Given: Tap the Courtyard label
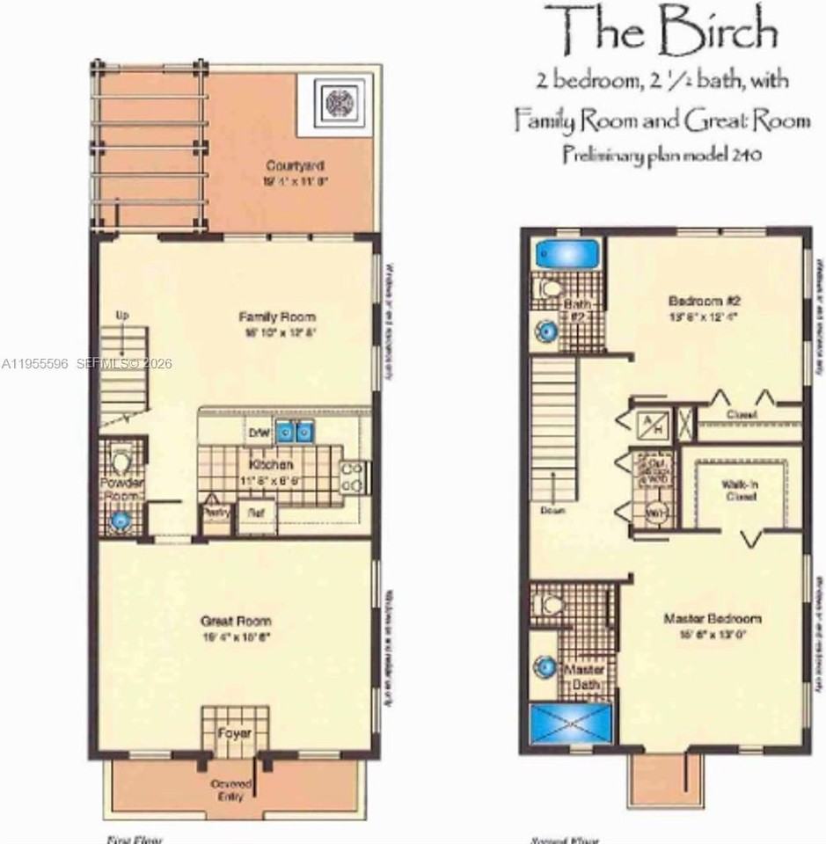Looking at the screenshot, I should click(x=295, y=165).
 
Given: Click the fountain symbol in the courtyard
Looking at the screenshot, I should click(x=340, y=103).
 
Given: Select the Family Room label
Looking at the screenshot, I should click(x=277, y=316).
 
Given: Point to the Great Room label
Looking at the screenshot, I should click(x=235, y=621).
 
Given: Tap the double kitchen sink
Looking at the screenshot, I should click(x=295, y=431).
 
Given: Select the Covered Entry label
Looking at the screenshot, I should click(x=231, y=789).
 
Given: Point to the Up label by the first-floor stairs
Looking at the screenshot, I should click(x=122, y=315).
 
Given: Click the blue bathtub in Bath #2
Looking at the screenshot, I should click(x=566, y=254).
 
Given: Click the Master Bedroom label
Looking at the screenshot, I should click(x=712, y=618).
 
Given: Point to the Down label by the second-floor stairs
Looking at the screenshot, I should click(x=552, y=509).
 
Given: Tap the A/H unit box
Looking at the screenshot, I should click(x=653, y=423).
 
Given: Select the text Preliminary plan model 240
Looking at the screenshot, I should click(x=661, y=154).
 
